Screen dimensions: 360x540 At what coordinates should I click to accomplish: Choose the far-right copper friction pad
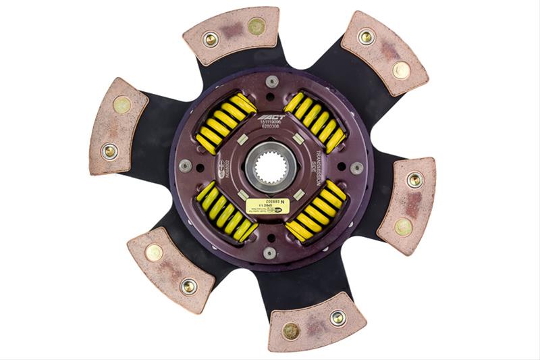407,203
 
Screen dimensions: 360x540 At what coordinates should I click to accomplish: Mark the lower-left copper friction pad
171,268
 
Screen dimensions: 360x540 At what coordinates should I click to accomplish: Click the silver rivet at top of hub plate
272,81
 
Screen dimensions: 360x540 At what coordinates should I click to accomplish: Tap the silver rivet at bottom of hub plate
269,253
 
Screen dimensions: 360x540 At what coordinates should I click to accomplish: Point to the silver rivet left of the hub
185,165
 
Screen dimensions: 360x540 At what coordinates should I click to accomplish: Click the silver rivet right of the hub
356,168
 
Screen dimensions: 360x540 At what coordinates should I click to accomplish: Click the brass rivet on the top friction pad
256,26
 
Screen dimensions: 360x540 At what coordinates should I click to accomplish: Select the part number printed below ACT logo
271,126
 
